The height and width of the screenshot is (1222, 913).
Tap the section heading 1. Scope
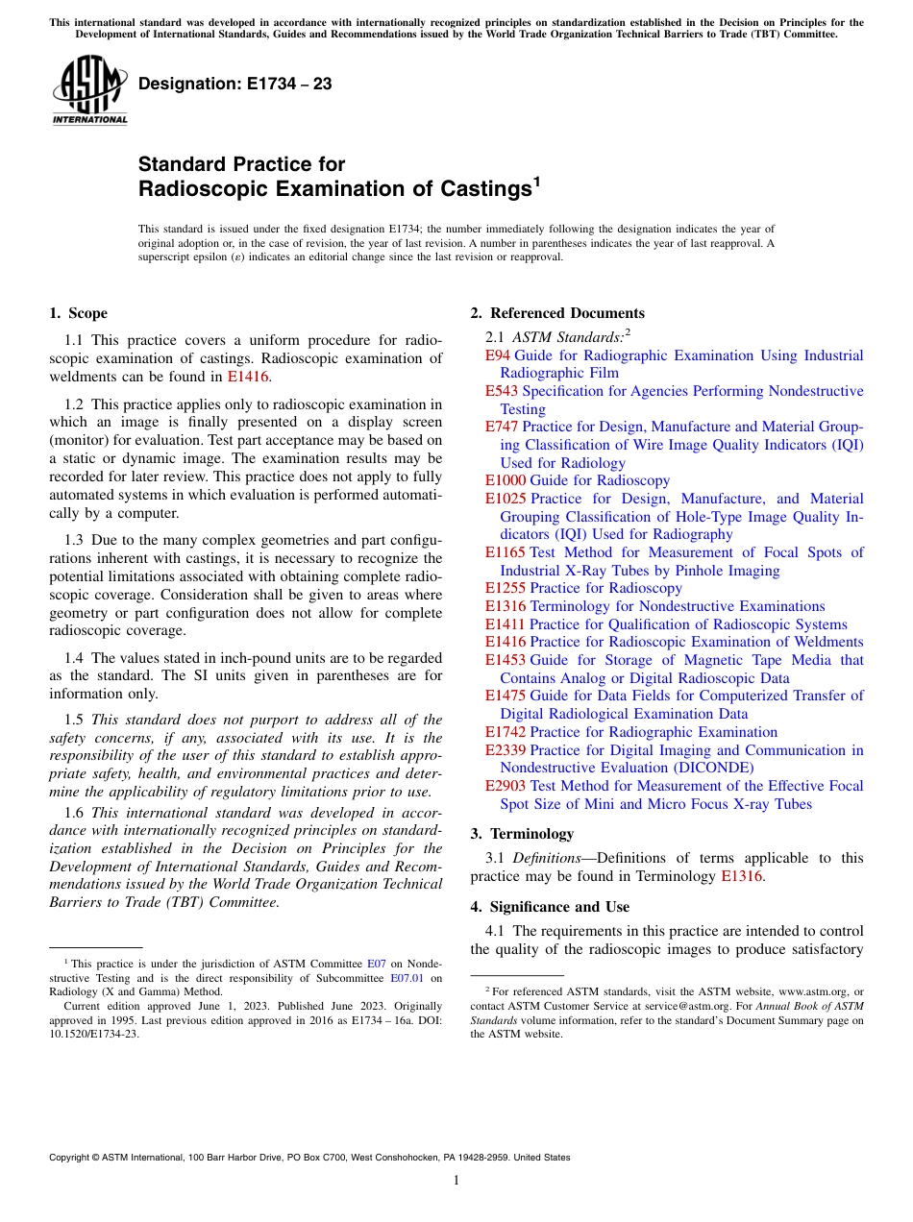pyautogui.click(x=78, y=313)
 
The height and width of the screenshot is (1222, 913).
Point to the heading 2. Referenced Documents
pyautogui.click(x=557, y=313)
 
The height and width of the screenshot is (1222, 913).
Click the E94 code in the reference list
pyautogui.click(x=497, y=355)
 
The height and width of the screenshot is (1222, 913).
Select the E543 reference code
pyautogui.click(x=501, y=391)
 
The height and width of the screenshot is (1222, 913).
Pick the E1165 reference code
pyautogui.click(x=505, y=552)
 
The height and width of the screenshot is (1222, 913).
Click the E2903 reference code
pyautogui.click(x=505, y=786)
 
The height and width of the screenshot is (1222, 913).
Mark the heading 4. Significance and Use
pyautogui.click(x=550, y=907)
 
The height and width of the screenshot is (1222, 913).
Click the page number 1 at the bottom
pyautogui.click(x=456, y=1181)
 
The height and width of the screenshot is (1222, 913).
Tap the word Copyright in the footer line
pyautogui.click(x=71, y=1158)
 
